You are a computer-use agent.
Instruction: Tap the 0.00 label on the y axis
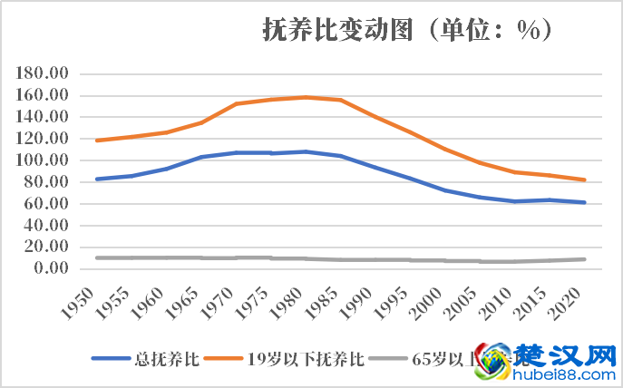click(52, 268)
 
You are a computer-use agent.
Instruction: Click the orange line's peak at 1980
click(306, 97)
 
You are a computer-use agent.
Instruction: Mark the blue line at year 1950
click(96, 179)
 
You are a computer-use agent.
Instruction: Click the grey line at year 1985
click(340, 259)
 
